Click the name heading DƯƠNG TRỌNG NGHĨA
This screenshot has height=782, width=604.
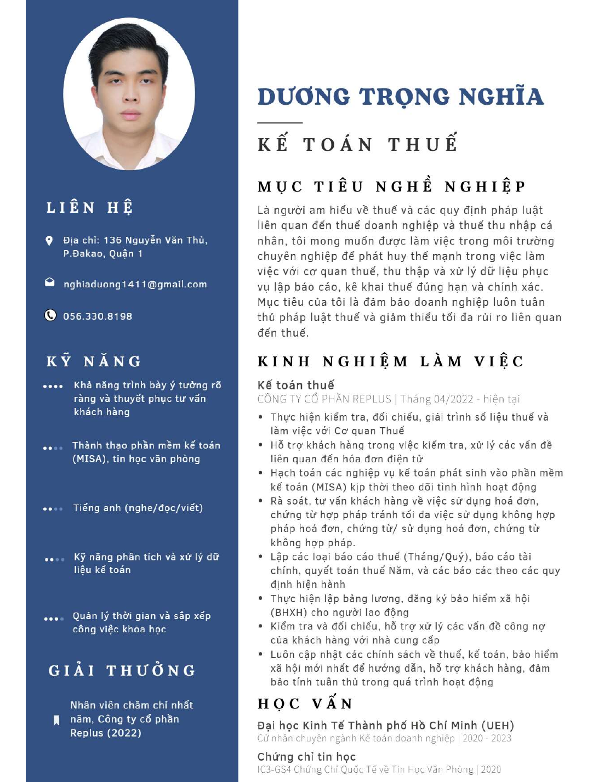click(400, 97)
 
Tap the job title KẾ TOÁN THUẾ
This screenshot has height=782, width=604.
click(357, 144)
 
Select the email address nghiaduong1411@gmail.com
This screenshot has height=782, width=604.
click(135, 284)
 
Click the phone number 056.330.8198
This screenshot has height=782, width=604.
click(98, 316)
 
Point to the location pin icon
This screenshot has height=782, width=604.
click(49, 241)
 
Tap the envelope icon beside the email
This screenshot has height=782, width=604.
click(50, 282)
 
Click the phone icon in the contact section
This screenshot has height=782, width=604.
click(50, 315)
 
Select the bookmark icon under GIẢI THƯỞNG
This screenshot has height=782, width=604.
click(56, 720)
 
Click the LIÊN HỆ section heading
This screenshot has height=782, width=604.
click(90, 208)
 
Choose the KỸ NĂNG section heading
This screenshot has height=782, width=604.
click(94, 361)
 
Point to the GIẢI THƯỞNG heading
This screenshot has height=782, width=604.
click(122, 671)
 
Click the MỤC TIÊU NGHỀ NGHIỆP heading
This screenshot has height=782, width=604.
click(391, 186)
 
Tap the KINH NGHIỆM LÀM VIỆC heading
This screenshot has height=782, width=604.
click(390, 361)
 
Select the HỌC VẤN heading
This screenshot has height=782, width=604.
click(305, 704)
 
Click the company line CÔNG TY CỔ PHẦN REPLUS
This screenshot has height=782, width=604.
click(324, 399)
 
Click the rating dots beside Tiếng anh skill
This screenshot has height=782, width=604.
click(53, 509)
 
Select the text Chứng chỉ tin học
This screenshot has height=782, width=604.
click(306, 757)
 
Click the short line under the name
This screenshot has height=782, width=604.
click(280, 123)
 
